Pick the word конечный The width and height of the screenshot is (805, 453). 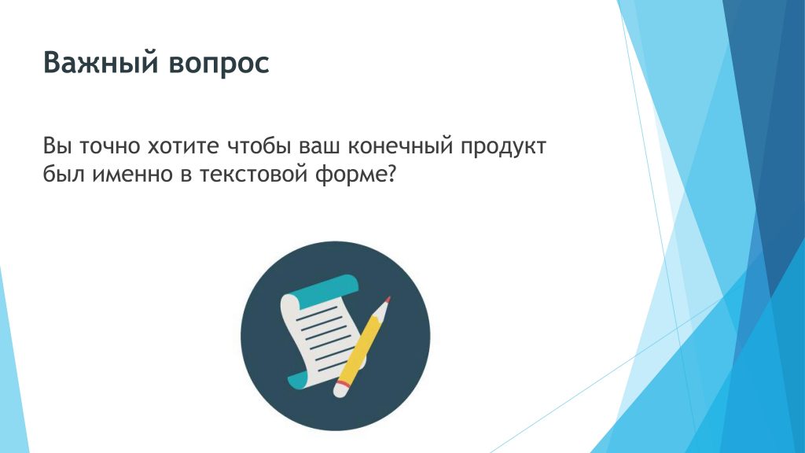pos(400,146)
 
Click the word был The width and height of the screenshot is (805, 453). pos(63,174)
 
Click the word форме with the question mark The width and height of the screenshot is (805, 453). pos(356,175)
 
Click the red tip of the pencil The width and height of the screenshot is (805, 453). pos(388,300)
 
